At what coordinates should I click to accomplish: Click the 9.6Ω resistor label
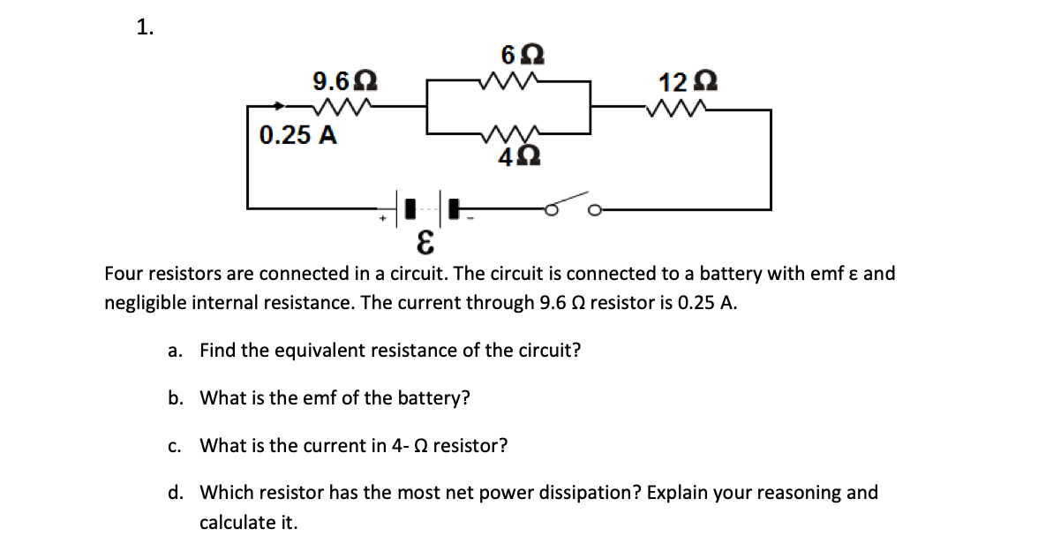click(345, 83)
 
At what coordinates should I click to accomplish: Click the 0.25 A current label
click(297, 136)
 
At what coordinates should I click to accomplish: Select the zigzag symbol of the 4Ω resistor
click(508, 134)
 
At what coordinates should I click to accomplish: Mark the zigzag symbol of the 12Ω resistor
click(675, 110)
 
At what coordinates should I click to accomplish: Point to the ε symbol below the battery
click(425, 240)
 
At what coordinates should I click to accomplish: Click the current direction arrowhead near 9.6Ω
click(280, 107)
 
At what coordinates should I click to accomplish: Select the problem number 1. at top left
click(145, 27)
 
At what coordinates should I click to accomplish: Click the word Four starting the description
click(124, 273)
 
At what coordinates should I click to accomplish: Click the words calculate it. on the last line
click(248, 522)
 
